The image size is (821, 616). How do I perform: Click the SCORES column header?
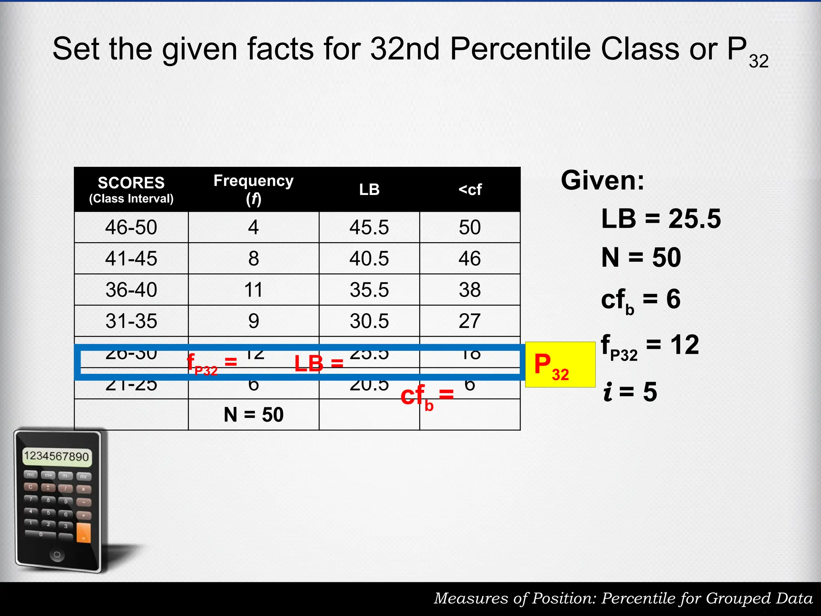tap(131, 189)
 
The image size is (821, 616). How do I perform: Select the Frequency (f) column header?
tap(253, 189)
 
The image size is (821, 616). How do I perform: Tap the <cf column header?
tap(470, 189)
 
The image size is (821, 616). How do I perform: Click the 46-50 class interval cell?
tap(131, 227)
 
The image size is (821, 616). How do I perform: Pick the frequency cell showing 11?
tap(253, 290)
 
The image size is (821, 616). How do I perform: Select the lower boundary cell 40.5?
tap(369, 259)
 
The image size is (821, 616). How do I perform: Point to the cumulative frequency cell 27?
tap(469, 321)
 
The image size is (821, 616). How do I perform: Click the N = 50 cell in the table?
tap(253, 414)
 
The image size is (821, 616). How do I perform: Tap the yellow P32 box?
tap(560, 364)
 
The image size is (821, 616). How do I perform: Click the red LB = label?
tap(319, 363)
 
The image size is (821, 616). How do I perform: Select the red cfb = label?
tap(427, 396)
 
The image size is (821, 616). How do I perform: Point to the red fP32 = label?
tap(212, 364)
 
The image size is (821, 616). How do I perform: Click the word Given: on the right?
tap(602, 180)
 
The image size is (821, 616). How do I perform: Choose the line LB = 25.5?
tap(661, 219)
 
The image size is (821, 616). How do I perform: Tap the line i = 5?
tap(630, 392)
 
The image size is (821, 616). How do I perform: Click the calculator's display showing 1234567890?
tap(57, 456)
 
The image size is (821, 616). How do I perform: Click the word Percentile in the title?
tap(521, 49)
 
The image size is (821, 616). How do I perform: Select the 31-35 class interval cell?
tap(131, 321)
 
